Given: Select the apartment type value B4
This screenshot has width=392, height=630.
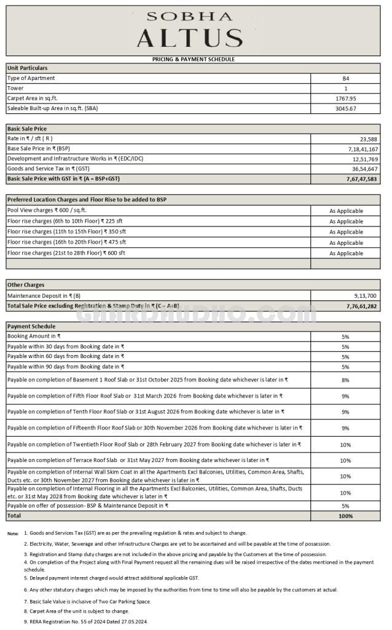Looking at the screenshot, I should (x=345, y=78).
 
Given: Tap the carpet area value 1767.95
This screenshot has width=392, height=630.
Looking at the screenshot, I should (x=345, y=98).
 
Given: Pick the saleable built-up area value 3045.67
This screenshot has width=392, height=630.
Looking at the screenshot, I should (x=345, y=109).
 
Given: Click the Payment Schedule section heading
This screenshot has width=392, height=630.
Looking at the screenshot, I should (x=31, y=326).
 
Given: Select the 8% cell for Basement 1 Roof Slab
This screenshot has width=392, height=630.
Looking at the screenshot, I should (x=345, y=380).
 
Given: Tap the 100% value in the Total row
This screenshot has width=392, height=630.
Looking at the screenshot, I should (x=345, y=516).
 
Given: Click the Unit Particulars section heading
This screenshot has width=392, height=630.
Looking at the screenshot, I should (x=28, y=68).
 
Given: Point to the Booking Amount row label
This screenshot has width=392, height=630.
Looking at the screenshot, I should (x=34, y=337).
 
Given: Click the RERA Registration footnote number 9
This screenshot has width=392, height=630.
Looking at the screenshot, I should (x=26, y=621).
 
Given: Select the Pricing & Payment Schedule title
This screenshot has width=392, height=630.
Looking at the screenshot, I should (x=194, y=59).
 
